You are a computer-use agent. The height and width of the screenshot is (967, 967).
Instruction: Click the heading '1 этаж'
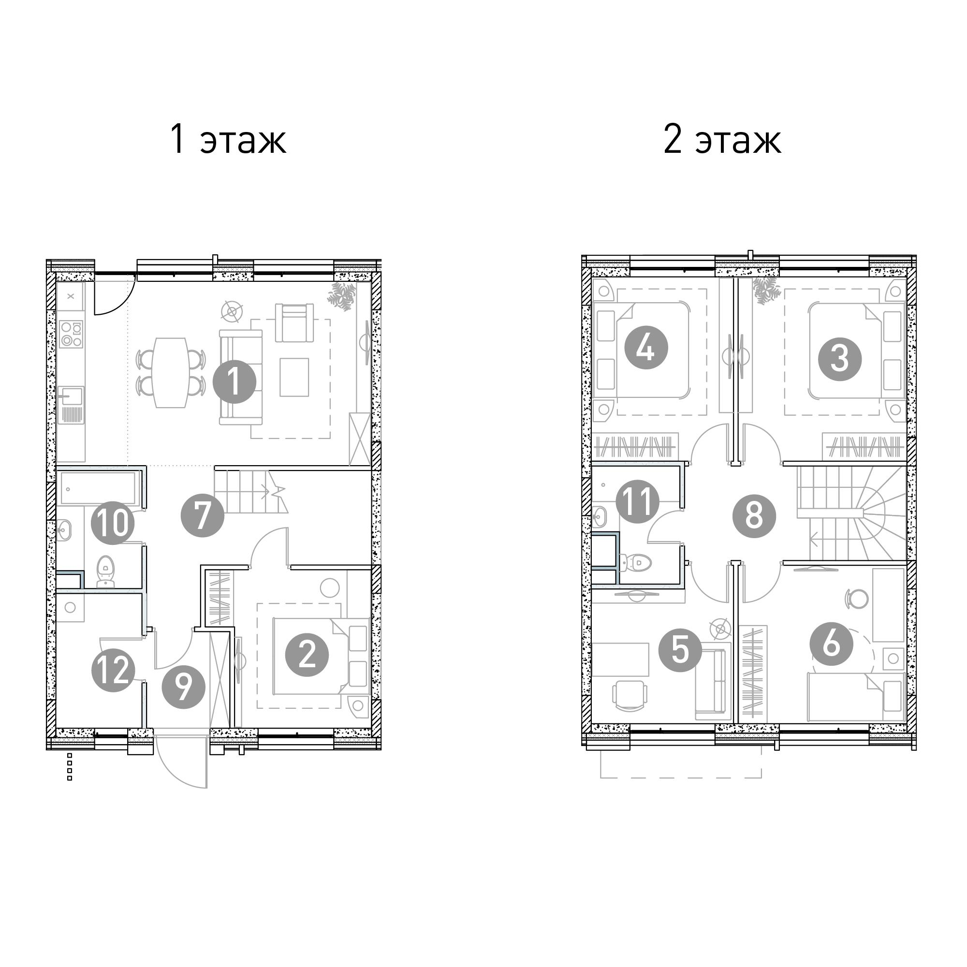228,140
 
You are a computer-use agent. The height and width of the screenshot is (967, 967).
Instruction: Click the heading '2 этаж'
722,140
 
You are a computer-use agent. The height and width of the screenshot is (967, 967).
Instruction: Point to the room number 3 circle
840,359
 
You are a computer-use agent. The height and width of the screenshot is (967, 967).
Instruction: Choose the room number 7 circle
202,515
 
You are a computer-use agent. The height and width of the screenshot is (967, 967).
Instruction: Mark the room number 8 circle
754,516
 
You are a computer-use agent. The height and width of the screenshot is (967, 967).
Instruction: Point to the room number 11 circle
638,501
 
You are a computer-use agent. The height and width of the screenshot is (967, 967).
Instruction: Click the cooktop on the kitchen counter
71,334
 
